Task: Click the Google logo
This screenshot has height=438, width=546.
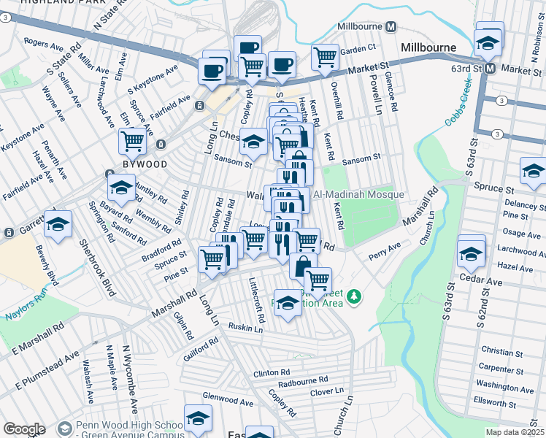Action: click(24, 429)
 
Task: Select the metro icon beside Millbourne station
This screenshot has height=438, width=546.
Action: click(391, 27)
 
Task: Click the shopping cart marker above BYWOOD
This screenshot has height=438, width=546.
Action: click(132, 140)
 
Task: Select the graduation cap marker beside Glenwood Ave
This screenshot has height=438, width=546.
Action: click(197, 418)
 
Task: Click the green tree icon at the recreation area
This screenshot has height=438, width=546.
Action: click(355, 296)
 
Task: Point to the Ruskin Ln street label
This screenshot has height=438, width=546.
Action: click(245, 326)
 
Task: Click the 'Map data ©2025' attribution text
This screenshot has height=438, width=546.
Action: click(514, 432)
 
